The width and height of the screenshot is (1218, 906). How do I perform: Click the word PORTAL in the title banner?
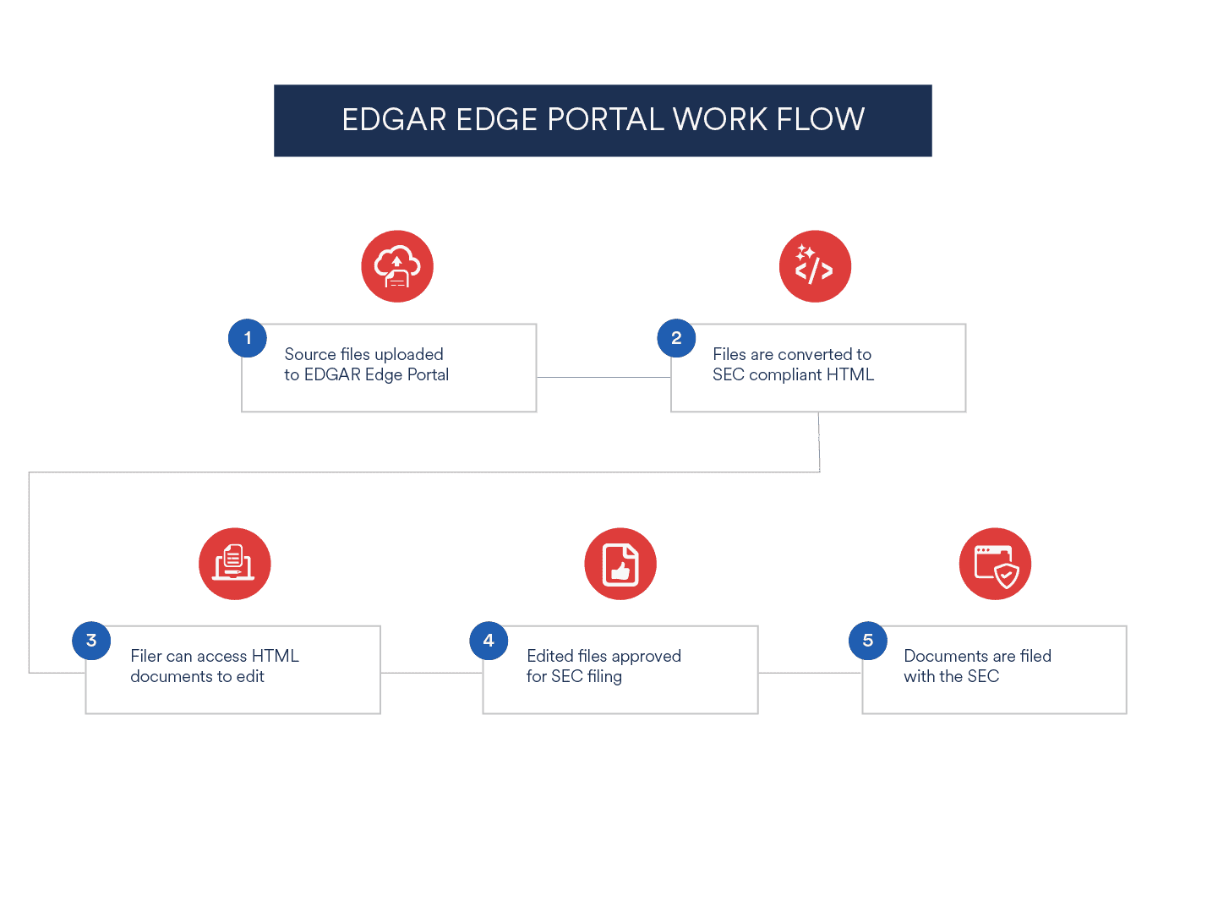(605, 119)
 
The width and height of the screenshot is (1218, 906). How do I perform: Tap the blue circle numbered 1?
(248, 338)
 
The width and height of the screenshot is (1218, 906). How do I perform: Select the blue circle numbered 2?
(676, 338)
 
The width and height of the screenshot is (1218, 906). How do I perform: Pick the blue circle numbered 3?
(91, 641)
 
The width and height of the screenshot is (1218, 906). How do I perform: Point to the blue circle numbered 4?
(489, 641)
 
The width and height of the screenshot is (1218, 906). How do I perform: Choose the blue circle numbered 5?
(867, 641)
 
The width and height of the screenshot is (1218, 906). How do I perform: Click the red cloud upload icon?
(397, 266)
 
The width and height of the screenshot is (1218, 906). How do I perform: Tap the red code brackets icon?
(815, 266)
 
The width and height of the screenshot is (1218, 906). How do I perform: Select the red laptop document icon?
(235, 564)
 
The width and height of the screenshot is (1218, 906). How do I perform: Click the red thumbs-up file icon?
(620, 564)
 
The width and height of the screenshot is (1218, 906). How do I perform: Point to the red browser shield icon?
(995, 564)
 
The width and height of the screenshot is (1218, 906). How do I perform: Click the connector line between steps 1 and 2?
(604, 377)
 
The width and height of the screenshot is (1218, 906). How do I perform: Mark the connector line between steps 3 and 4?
(431, 673)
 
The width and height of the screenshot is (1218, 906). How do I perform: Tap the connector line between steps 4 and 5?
(810, 673)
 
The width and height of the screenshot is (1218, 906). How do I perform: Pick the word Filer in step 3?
(146, 656)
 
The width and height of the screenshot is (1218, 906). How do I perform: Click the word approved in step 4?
(646, 657)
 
